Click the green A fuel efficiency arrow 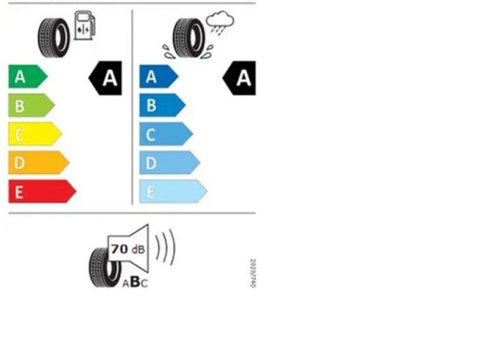pyautogui.click(x=27, y=76)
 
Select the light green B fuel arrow pyautogui.click(x=30, y=105)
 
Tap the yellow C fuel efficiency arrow pyautogui.click(x=34, y=134)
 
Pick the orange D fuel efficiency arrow pyautogui.click(x=37, y=163)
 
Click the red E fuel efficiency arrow pyautogui.click(x=41, y=191)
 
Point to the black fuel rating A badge pyautogui.click(x=106, y=77)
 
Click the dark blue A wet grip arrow pyautogui.click(x=158, y=76)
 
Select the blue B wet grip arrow pyautogui.click(x=161, y=105)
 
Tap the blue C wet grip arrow pyautogui.click(x=165, y=134)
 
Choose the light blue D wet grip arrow pyautogui.click(x=169, y=163)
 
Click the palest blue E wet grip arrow pyautogui.click(x=172, y=191)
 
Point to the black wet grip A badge pyautogui.click(x=239, y=77)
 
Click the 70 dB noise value pyautogui.click(x=127, y=249)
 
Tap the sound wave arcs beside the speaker pyautogui.click(x=166, y=247)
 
